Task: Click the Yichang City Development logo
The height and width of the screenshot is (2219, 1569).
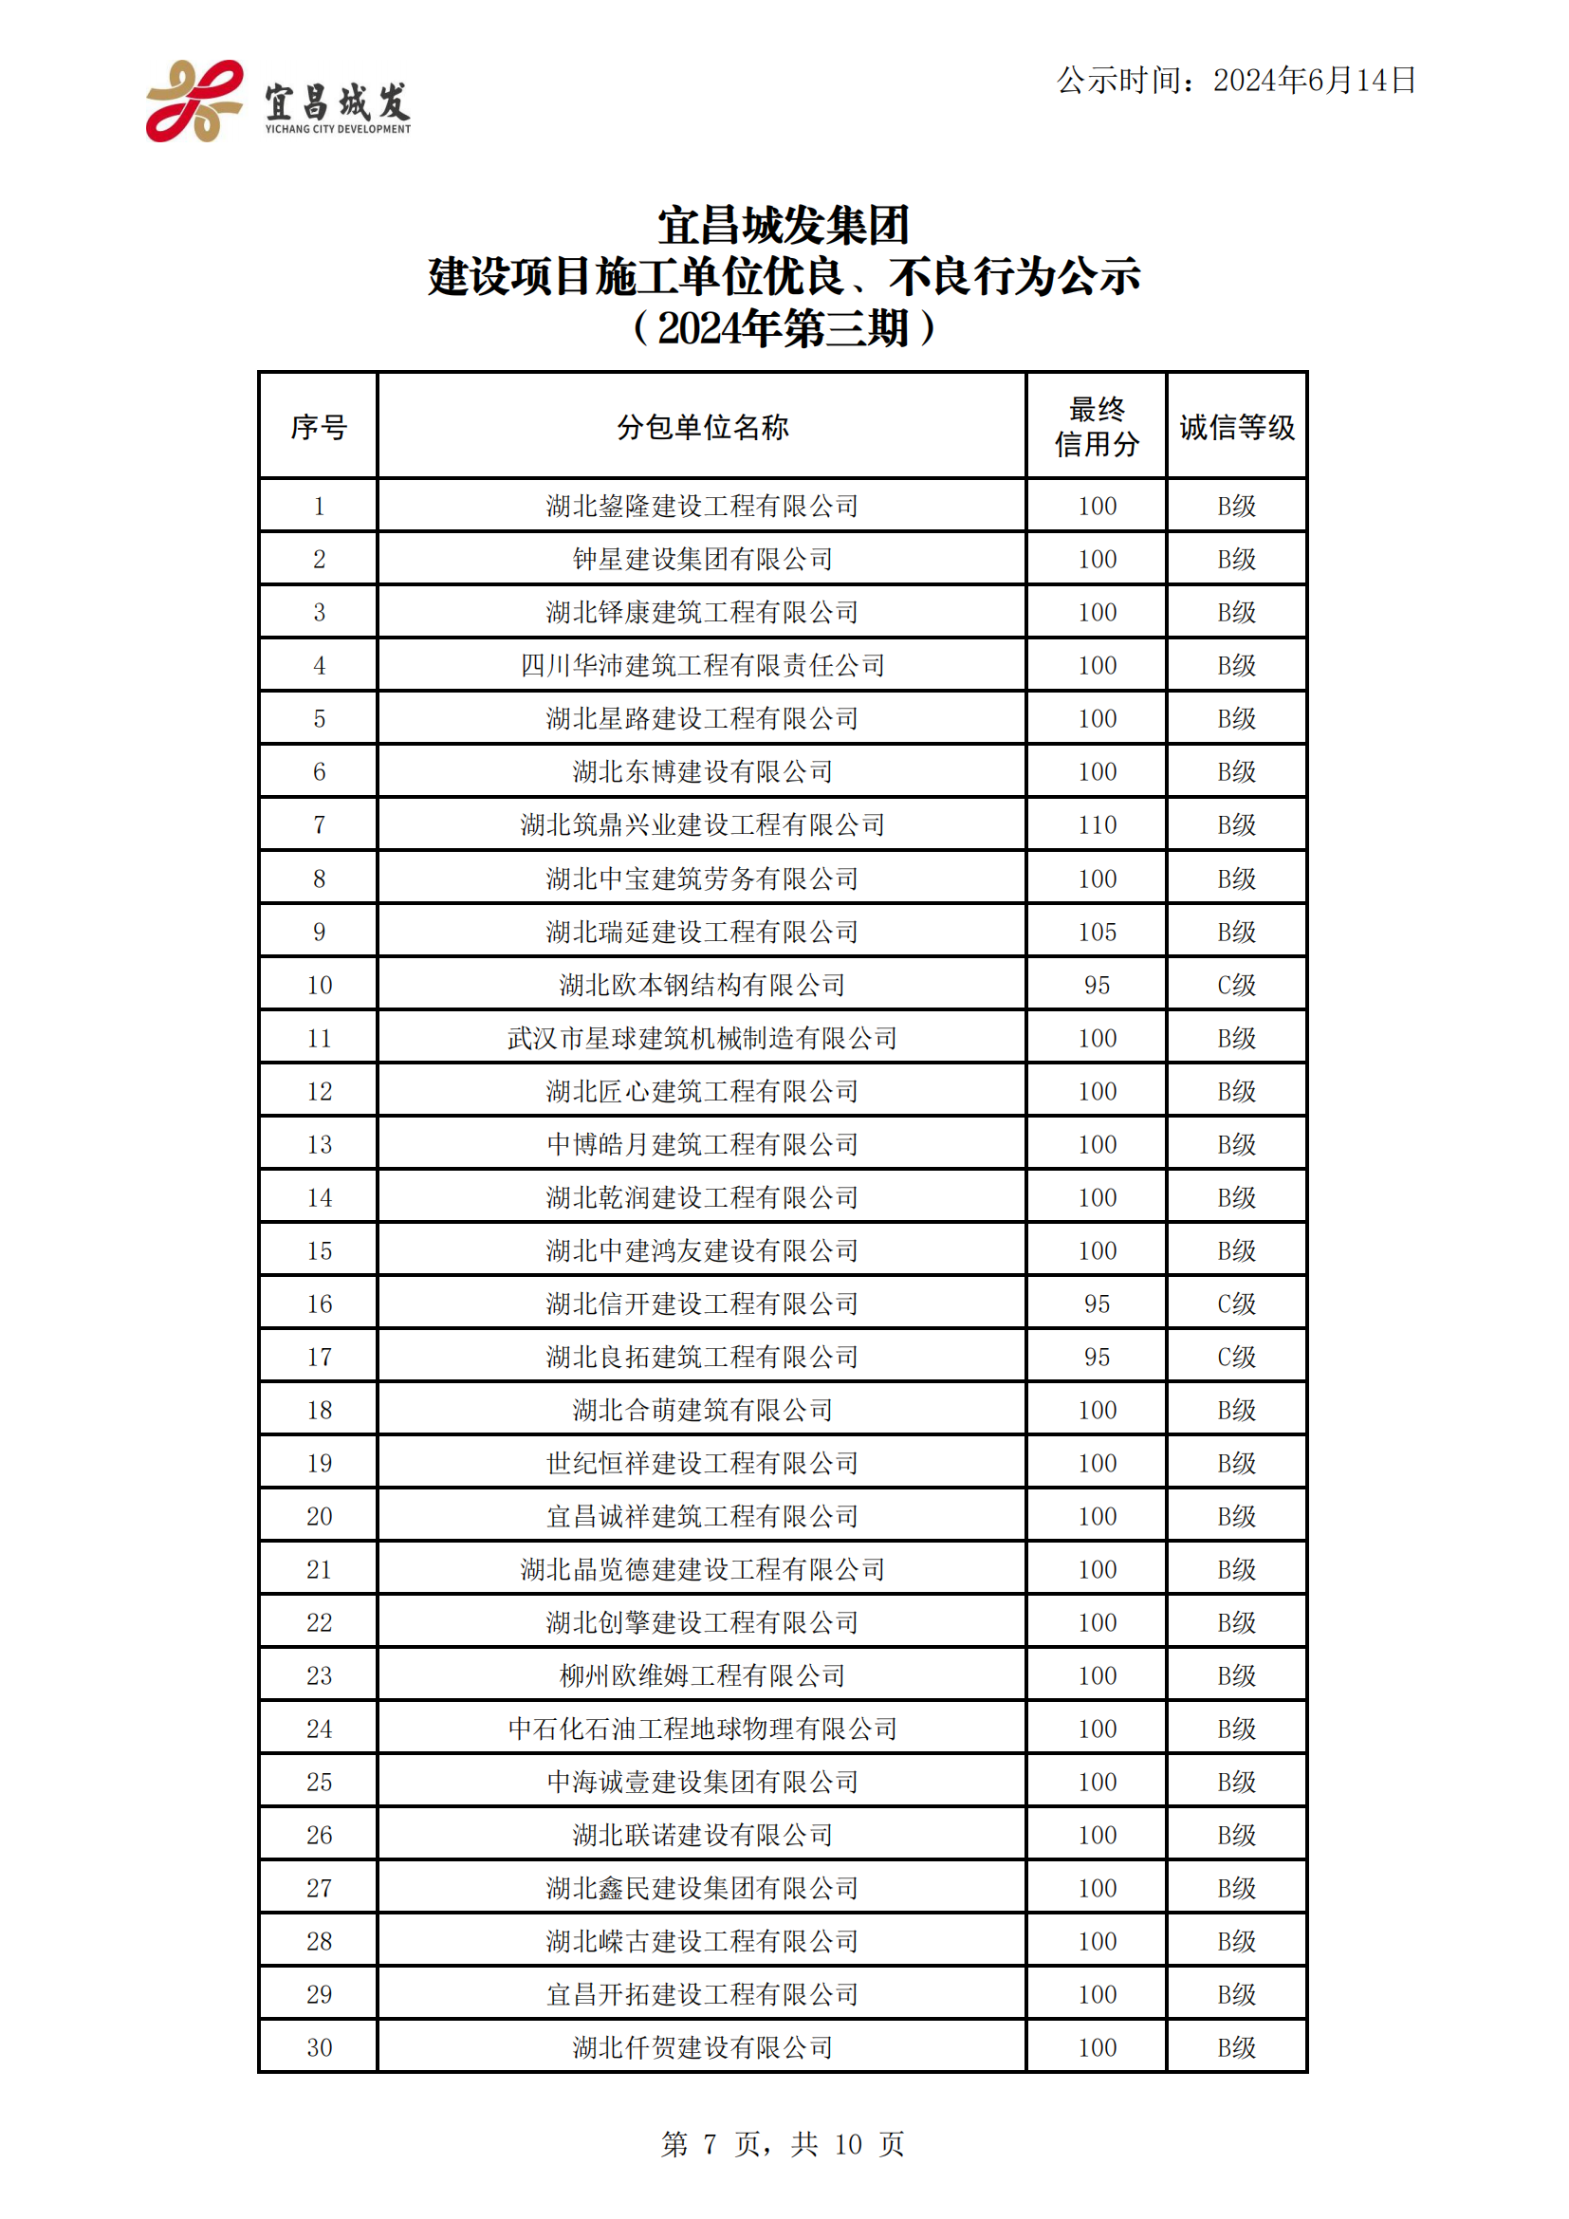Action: (278, 102)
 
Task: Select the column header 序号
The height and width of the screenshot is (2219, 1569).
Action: (319, 426)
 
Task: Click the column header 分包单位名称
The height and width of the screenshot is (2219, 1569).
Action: (702, 426)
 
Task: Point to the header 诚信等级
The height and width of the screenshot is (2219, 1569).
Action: (1237, 426)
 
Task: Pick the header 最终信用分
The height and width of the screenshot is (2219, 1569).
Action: (1097, 426)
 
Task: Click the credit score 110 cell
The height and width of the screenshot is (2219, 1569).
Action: (1097, 824)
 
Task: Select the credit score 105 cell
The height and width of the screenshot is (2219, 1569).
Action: (1097, 932)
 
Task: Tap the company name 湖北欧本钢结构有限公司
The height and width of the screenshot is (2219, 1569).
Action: (702, 985)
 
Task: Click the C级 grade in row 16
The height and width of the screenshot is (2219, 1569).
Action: (1237, 1304)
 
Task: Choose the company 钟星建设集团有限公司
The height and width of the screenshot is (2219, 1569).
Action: (702, 559)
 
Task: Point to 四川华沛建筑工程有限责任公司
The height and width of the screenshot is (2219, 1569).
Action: (702, 665)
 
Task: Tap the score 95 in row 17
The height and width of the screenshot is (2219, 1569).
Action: (1097, 1357)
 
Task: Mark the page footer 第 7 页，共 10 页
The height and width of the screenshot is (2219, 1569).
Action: (783, 2144)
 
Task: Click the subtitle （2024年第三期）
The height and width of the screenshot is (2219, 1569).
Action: (783, 327)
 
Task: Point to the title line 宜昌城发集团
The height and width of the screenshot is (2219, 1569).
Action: (783, 225)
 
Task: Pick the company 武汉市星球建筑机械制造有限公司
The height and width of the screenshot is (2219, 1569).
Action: (702, 1038)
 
